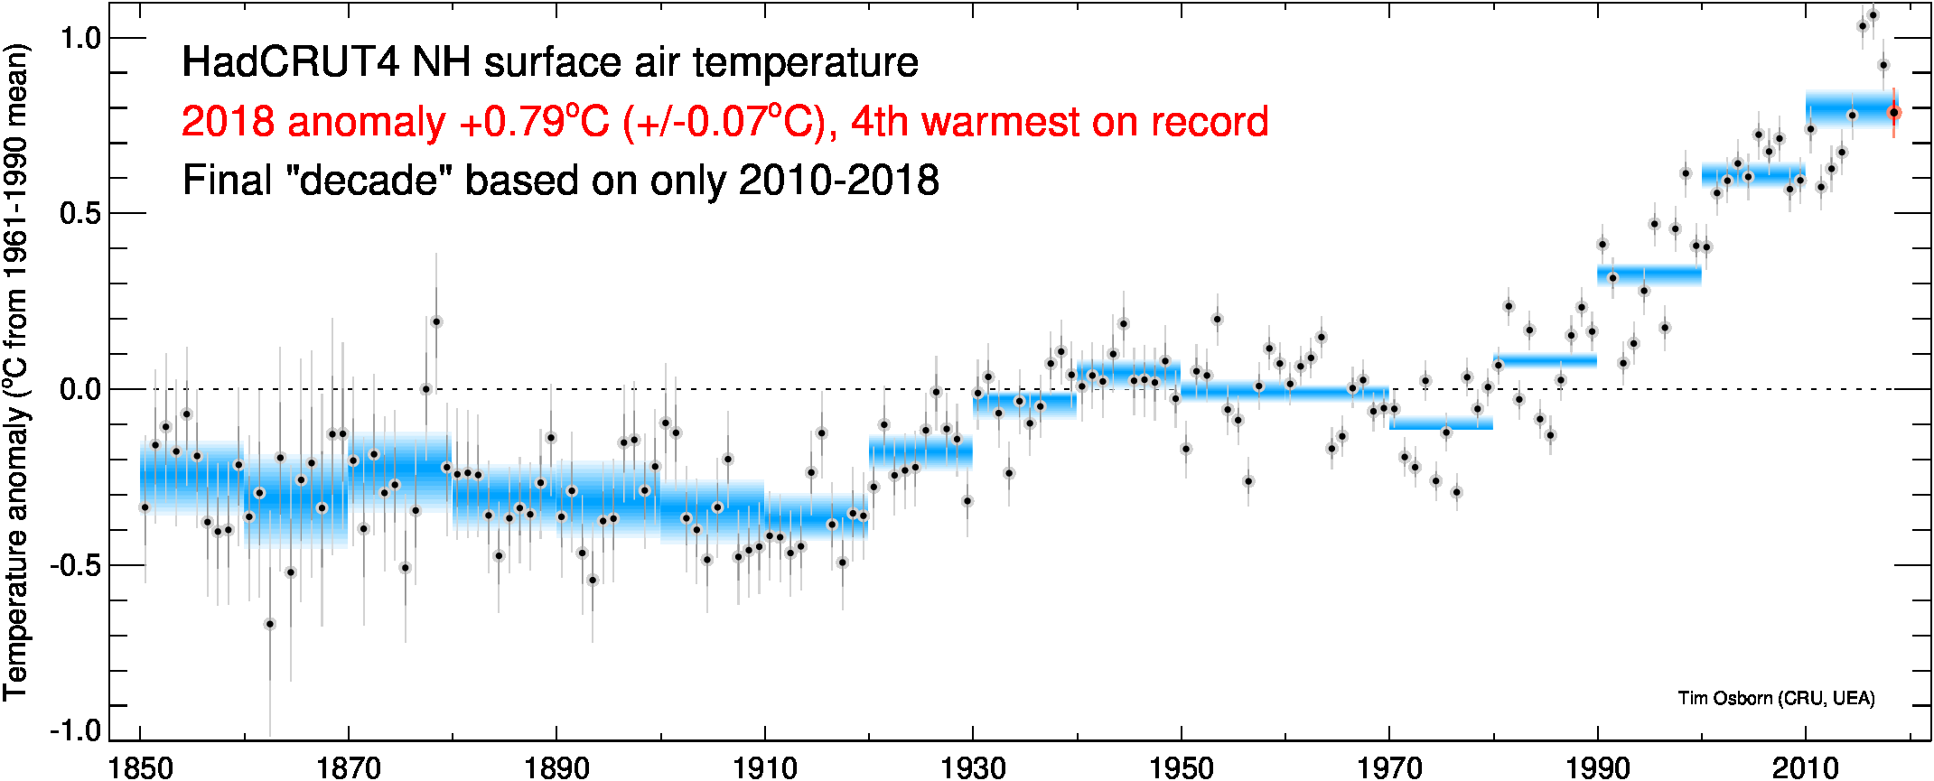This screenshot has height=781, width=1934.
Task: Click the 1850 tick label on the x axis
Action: tap(141, 767)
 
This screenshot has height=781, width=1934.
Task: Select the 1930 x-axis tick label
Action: tap(973, 767)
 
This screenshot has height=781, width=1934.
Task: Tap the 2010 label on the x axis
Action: tap(1805, 767)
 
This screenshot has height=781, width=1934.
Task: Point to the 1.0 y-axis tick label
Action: tap(79, 38)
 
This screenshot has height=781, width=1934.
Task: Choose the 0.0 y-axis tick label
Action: tap(79, 390)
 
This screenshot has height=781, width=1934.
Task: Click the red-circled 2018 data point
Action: tap(1894, 113)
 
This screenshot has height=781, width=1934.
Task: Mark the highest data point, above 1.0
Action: tap(1873, 15)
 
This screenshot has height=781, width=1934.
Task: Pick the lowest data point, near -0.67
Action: tap(269, 624)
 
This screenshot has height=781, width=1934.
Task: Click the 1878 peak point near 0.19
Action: tap(436, 321)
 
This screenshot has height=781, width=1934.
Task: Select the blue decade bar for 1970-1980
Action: tap(1441, 423)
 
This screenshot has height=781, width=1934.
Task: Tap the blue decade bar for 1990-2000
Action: tap(1649, 274)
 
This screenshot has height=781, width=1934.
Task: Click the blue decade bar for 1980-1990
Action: tap(1545, 360)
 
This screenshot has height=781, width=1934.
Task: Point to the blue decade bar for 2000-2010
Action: tap(1752, 174)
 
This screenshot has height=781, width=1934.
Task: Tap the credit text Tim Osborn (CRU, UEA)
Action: tap(1776, 698)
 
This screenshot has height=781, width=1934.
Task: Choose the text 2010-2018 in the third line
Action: tap(839, 181)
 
